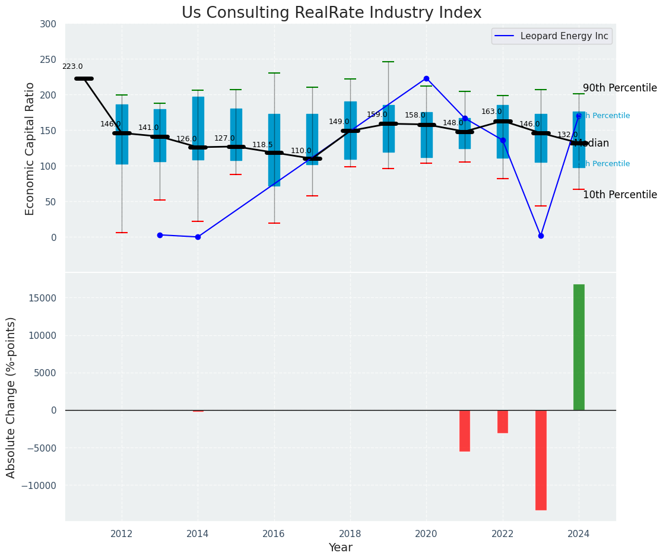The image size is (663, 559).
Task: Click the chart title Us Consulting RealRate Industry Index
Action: tap(331, 13)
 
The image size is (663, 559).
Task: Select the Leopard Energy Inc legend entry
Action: tap(551, 36)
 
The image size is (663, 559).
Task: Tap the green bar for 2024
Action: tap(579, 347)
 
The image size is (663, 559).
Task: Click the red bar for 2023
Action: tap(541, 460)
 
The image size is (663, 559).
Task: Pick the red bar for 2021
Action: tap(465, 431)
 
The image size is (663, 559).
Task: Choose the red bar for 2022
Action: tap(503, 421)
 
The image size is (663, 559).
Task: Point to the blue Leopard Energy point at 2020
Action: tap(426, 78)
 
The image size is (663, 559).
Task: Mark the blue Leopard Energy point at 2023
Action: tap(541, 236)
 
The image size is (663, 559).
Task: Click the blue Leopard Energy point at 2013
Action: tap(160, 235)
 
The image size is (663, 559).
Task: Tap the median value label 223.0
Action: tap(72, 67)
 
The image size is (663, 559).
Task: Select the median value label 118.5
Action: tap(262, 145)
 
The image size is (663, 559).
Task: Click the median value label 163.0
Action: tap(491, 112)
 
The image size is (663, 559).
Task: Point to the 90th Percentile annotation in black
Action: tap(620, 88)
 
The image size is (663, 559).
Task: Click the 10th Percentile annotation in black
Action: tap(620, 195)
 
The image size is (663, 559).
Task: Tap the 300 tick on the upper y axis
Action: tap(48, 24)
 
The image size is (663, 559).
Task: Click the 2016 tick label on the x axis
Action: tap(274, 533)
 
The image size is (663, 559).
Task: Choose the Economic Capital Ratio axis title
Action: tap(30, 148)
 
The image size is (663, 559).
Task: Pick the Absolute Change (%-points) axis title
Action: tap(11, 397)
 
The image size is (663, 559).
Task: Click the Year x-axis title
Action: tap(341, 548)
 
